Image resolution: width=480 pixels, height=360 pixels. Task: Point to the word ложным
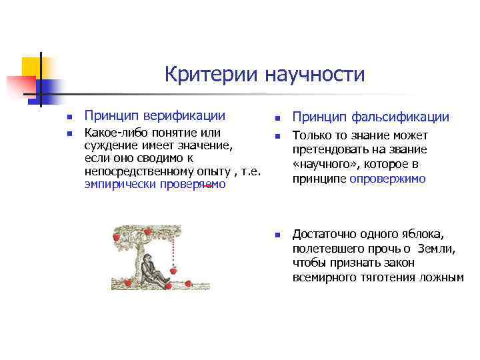[x=442, y=277]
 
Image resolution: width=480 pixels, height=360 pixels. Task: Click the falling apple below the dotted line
[x=175, y=271]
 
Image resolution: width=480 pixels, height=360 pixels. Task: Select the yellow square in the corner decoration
[x=31, y=67]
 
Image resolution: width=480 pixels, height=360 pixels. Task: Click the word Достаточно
[x=323, y=235]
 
